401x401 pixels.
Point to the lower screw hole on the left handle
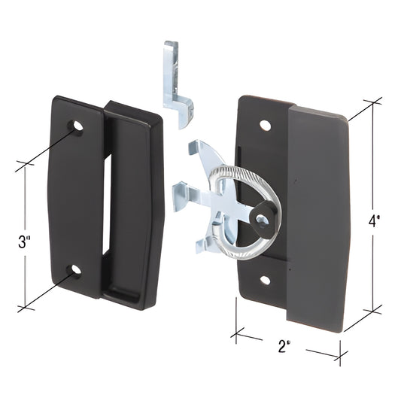pos(74,269)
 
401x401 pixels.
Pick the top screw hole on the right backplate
pos(265,125)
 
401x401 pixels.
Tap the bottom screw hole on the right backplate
pos(265,280)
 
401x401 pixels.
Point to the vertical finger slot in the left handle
pos(107,203)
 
